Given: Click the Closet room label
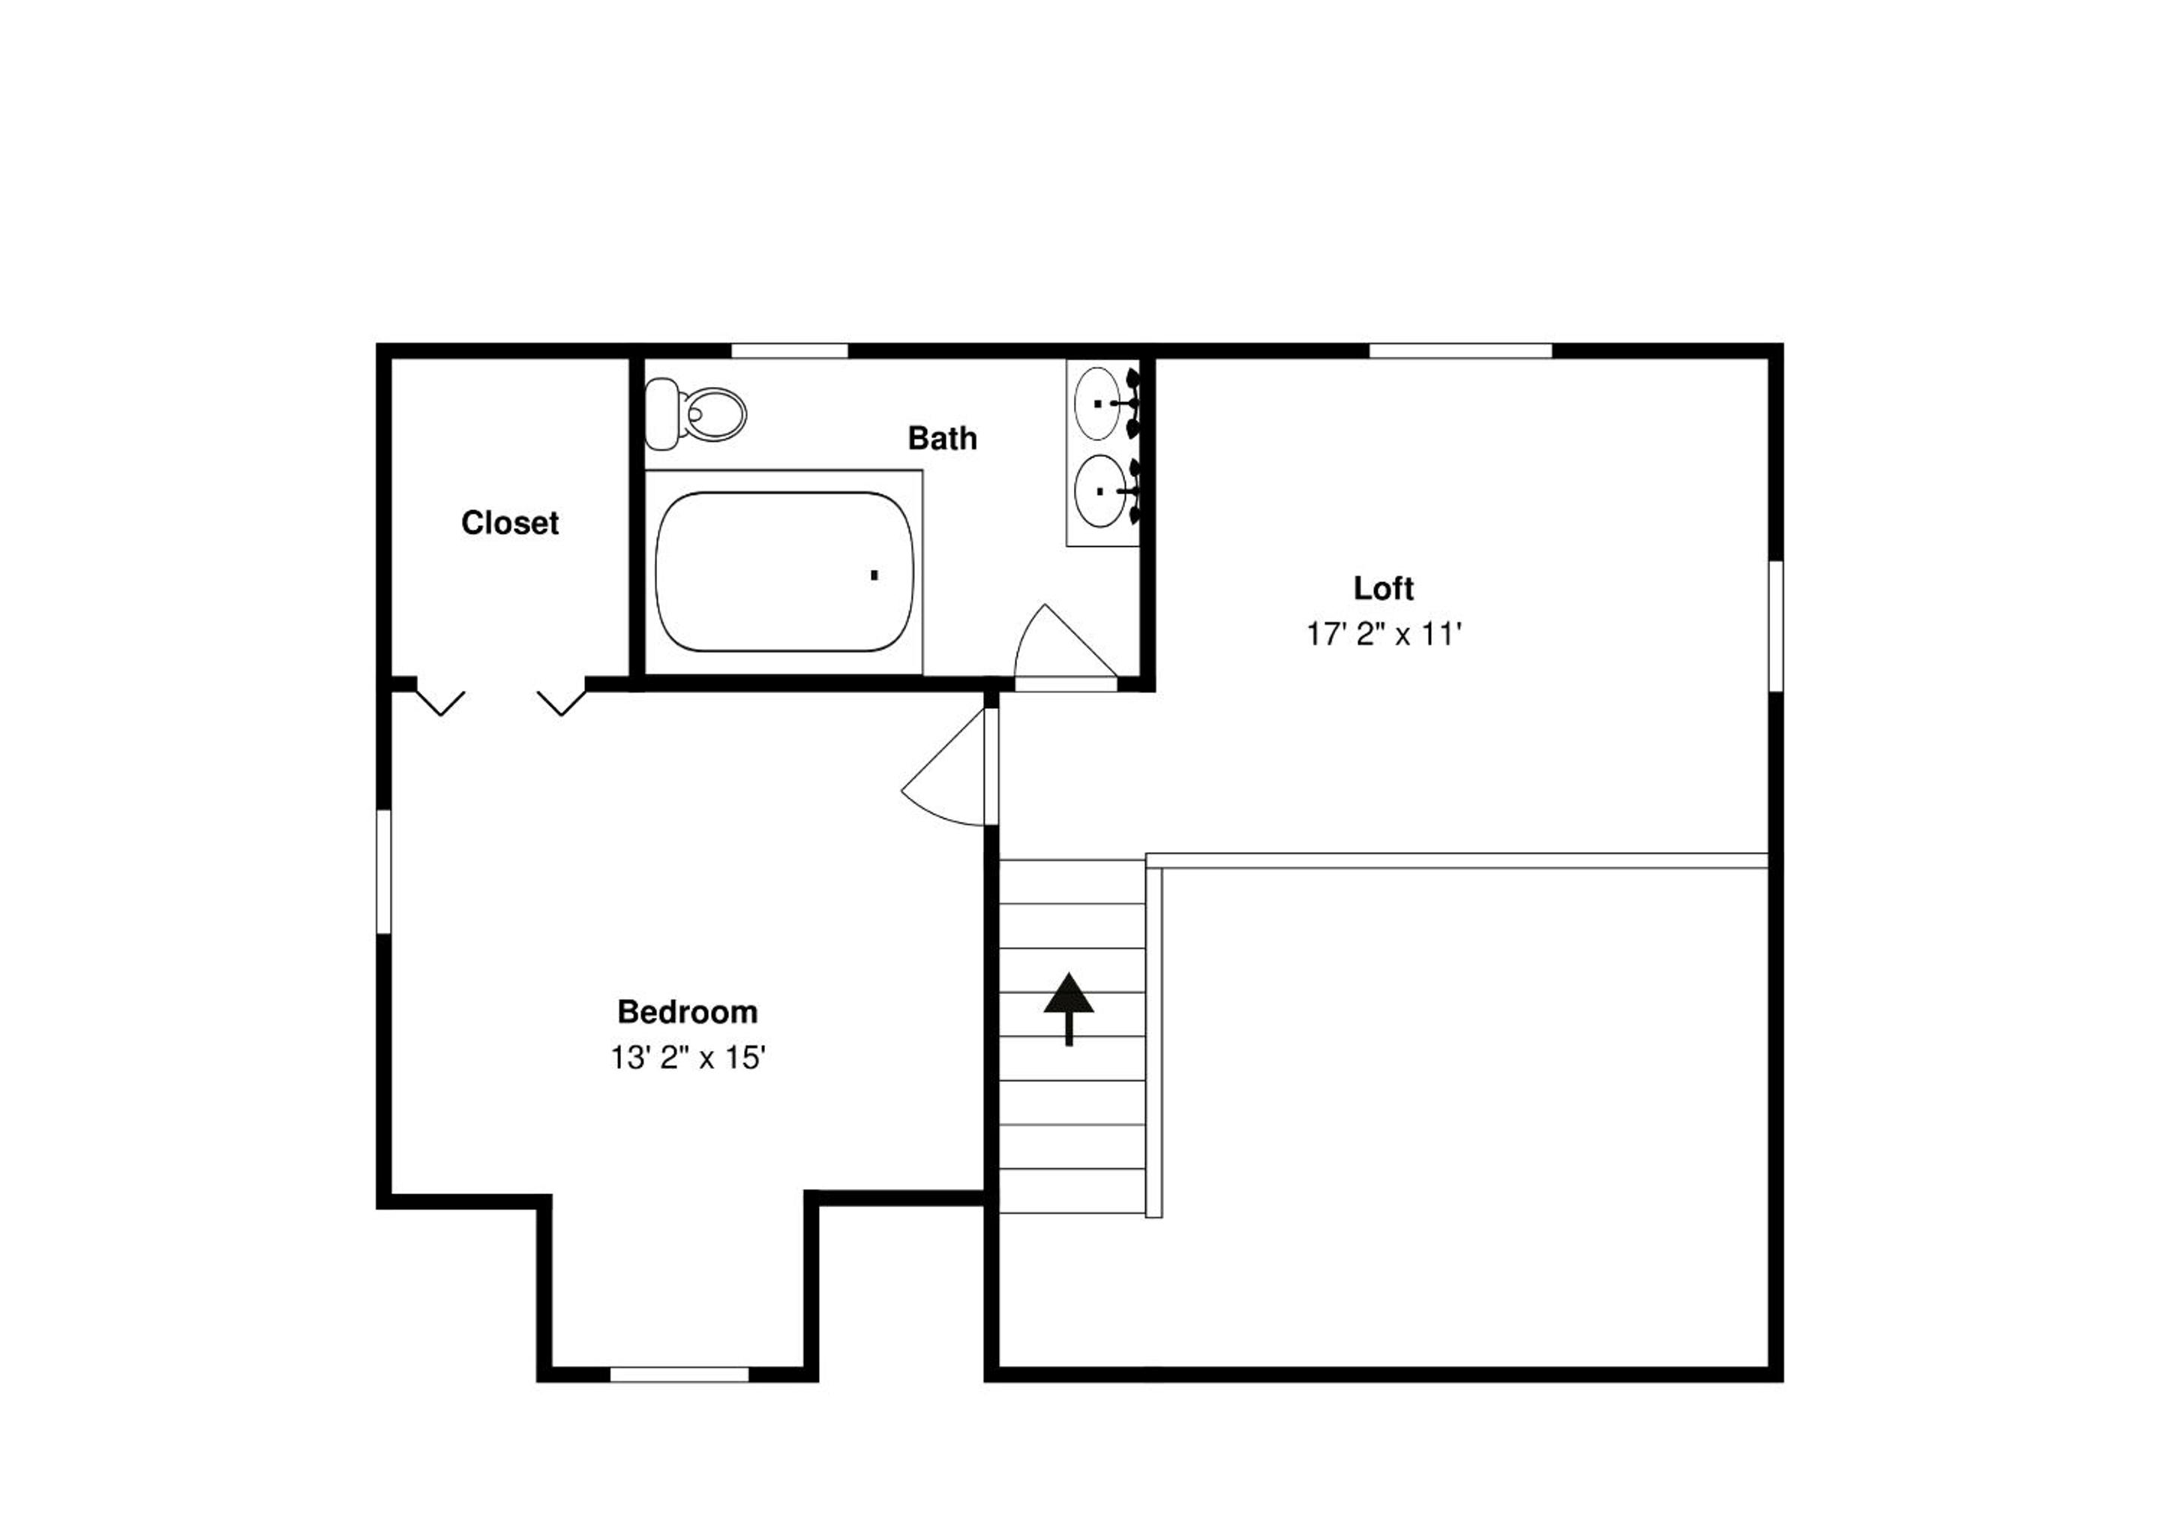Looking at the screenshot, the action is click(510, 522).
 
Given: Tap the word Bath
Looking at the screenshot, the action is click(942, 437).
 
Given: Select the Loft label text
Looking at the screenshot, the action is click(1383, 588).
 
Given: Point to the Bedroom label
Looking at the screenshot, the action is click(687, 1011).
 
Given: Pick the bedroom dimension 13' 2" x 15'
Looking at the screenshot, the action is click(687, 1058).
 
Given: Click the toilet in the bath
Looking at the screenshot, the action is click(695, 413).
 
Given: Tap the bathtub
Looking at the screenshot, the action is click(784, 572).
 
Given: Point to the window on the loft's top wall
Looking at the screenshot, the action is click(1460, 351).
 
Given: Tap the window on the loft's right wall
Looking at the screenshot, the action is click(1776, 626).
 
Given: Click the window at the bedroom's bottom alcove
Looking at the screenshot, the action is click(679, 1374).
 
